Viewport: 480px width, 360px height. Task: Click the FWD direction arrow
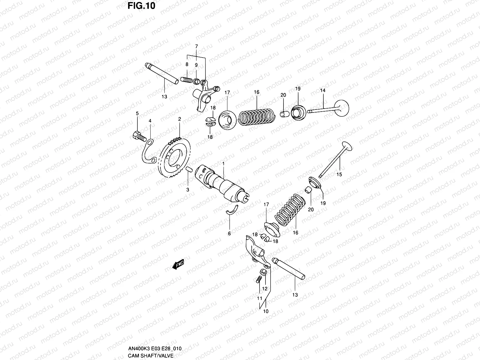[x=178, y=264]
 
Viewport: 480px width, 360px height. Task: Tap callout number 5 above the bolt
[x=137, y=113]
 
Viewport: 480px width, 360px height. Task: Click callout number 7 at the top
[x=196, y=46]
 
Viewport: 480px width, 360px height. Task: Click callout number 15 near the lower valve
[x=339, y=174]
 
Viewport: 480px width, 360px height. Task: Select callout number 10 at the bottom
[x=266, y=311]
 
